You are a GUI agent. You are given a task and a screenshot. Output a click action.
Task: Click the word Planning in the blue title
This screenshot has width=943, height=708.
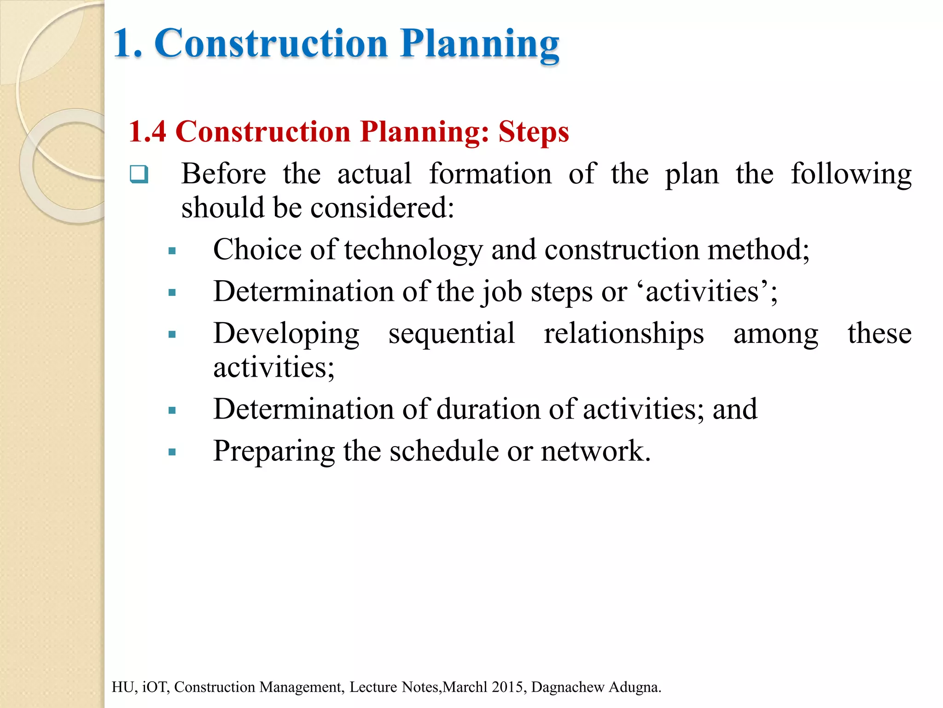(479, 44)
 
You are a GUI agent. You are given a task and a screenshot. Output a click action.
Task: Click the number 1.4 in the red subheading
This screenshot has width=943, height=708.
(147, 132)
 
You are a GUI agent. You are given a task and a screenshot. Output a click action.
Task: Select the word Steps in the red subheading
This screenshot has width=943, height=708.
(534, 132)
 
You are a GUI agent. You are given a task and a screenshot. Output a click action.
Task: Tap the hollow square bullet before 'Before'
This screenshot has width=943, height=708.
(139, 174)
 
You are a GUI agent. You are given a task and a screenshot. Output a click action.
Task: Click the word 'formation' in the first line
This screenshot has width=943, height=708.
(490, 174)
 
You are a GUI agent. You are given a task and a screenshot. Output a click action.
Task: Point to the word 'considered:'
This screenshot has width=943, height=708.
(382, 207)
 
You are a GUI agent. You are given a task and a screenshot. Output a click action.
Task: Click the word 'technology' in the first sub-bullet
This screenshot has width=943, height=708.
(413, 250)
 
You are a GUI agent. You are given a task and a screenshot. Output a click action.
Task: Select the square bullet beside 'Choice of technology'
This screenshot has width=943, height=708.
(172, 251)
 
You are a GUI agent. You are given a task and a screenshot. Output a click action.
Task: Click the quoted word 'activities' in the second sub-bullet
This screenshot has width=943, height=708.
(702, 292)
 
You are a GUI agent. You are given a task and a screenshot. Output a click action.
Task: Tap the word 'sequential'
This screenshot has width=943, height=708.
(451, 334)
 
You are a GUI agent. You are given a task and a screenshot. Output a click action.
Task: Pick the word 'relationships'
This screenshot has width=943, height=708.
(623, 334)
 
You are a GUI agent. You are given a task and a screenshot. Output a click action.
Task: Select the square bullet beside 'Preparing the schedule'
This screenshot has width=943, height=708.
(172, 452)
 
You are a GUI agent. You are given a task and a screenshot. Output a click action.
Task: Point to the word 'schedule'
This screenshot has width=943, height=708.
(444, 451)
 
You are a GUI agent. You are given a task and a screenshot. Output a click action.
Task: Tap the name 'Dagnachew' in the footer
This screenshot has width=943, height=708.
(567, 687)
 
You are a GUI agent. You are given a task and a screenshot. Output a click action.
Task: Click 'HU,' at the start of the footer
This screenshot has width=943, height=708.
(123, 687)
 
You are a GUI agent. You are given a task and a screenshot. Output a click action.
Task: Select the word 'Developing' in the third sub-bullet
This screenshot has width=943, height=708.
(286, 334)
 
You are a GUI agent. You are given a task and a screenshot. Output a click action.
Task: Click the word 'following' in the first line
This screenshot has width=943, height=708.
(851, 174)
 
